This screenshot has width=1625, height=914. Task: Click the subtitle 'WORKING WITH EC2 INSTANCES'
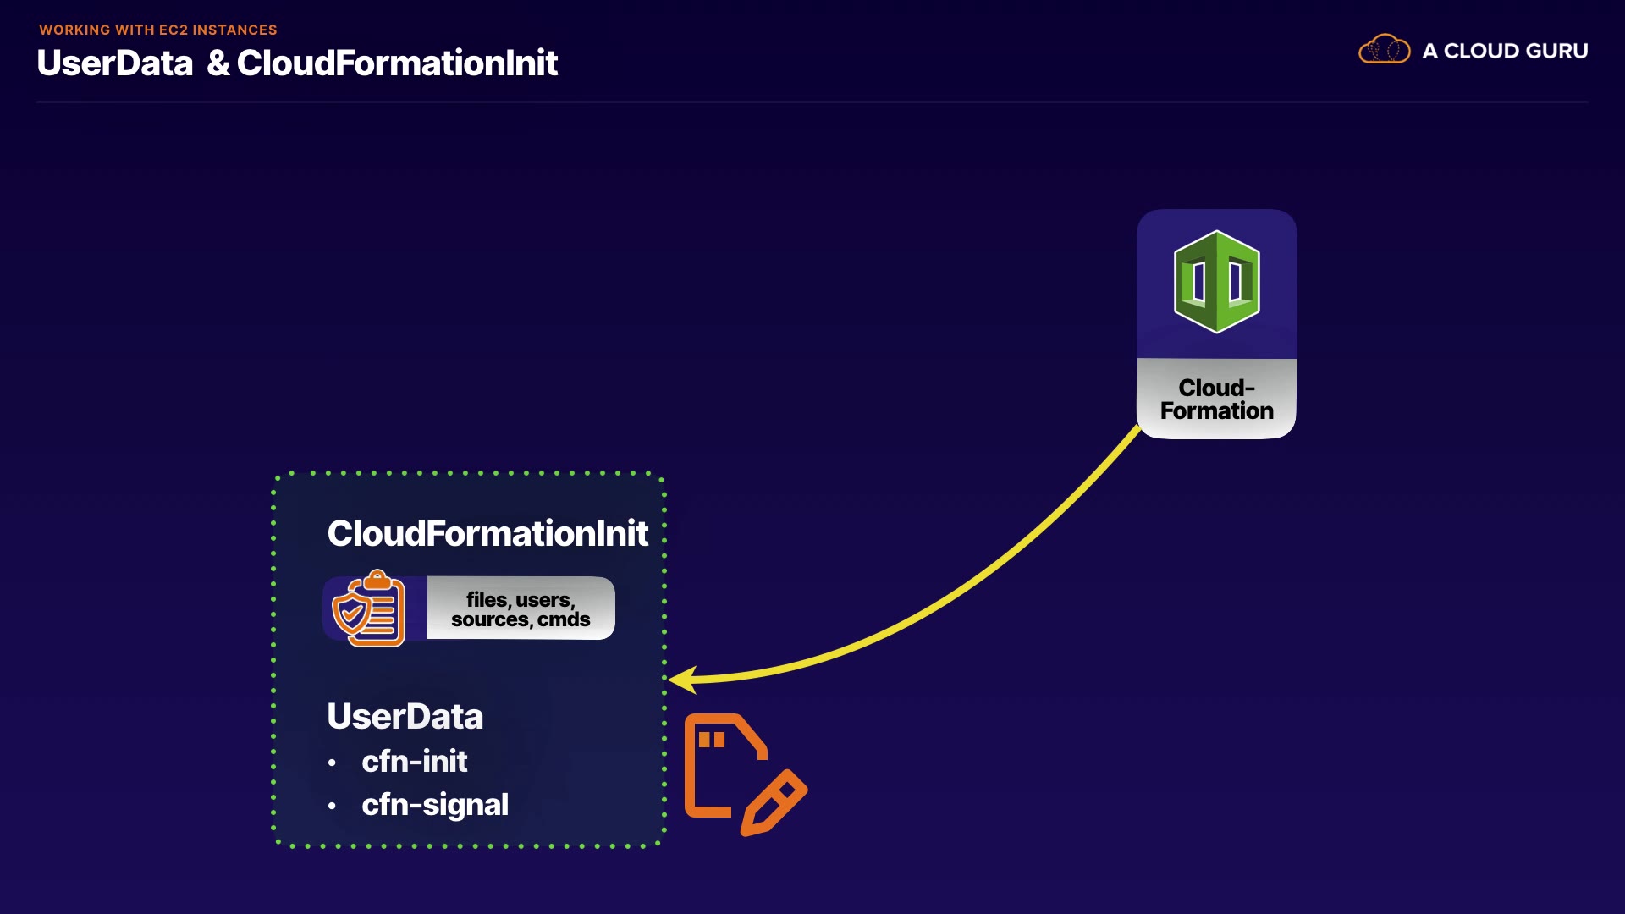pos(158,30)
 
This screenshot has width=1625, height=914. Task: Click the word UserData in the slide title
pos(115,63)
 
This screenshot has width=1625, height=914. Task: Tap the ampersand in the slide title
pos(218,63)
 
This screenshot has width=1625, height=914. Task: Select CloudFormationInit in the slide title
pos(397,63)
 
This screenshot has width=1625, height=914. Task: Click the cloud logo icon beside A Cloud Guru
pos(1384,50)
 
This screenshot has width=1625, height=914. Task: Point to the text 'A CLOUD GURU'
pos(1505,51)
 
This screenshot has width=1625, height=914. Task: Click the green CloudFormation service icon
pos(1216,282)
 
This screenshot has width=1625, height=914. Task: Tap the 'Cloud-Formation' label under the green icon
pos(1216,399)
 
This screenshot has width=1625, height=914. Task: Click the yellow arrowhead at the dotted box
pos(682,679)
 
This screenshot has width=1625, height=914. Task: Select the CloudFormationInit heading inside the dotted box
pos(487,533)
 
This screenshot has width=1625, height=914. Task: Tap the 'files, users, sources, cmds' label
pos(521,609)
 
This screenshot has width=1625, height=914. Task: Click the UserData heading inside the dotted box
pos(405,717)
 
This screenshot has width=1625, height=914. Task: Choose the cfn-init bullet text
pos(414,762)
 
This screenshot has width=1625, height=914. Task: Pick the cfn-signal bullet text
pos(435,805)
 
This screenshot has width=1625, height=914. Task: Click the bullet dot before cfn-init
pos(332,763)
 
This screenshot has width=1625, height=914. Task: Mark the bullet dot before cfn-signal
pos(332,807)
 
